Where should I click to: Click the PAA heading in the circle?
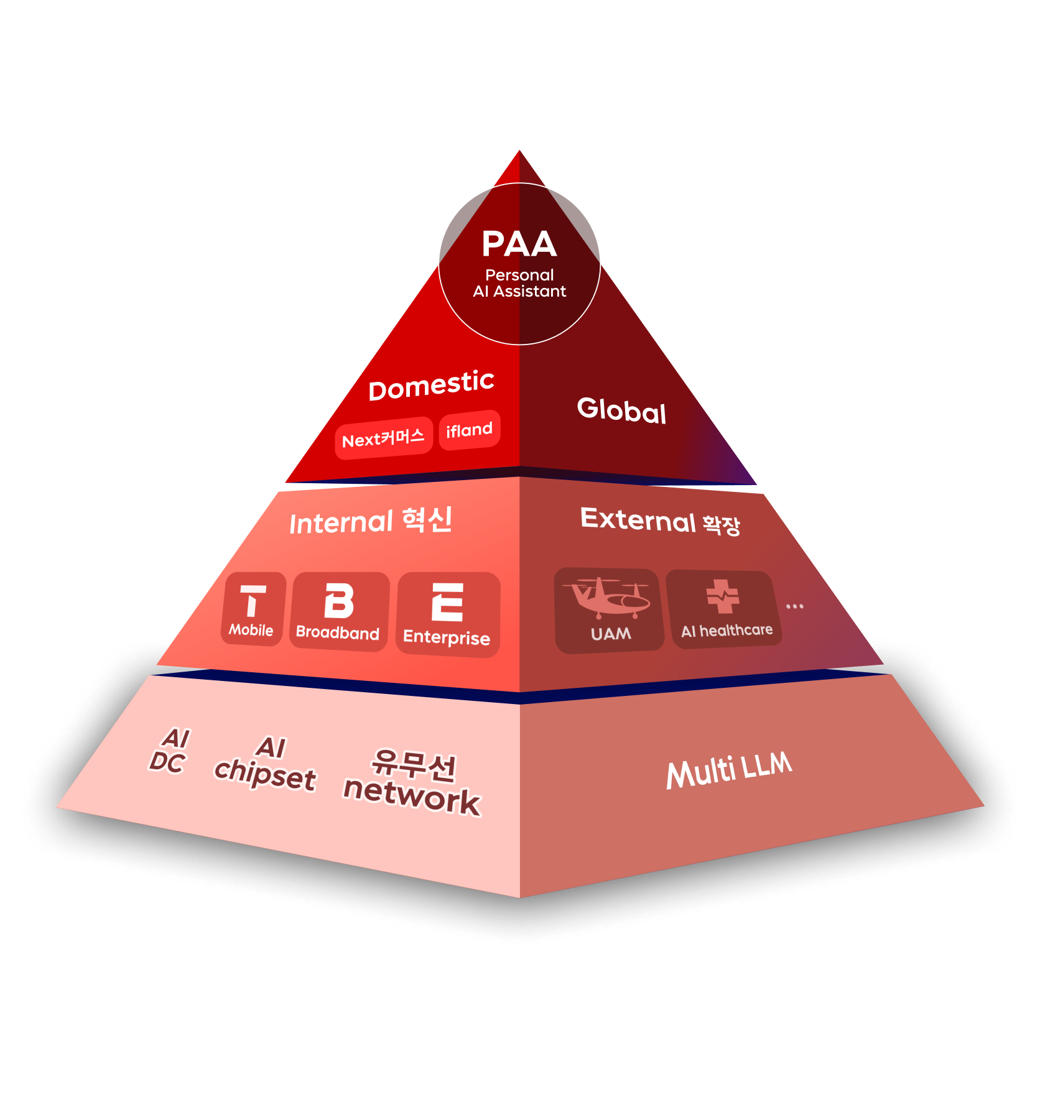coord(519,244)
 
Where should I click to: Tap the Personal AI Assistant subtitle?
coord(519,283)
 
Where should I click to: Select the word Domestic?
coord(431,386)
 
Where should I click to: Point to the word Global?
coord(621,410)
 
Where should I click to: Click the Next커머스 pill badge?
coord(383,438)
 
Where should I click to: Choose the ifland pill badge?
coord(469,430)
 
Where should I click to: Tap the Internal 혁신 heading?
coord(371,521)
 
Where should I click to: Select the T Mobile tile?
coord(253,609)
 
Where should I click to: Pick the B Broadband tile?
coord(339,611)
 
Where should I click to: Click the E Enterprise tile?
coord(447,614)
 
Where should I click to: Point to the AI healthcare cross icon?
coord(723,596)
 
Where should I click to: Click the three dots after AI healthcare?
coord(794,606)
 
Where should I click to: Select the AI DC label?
coord(169,751)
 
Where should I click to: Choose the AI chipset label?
coord(266,765)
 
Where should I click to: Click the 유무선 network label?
coord(413,782)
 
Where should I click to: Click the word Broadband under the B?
coord(338,633)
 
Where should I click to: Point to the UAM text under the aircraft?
coord(611,634)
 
